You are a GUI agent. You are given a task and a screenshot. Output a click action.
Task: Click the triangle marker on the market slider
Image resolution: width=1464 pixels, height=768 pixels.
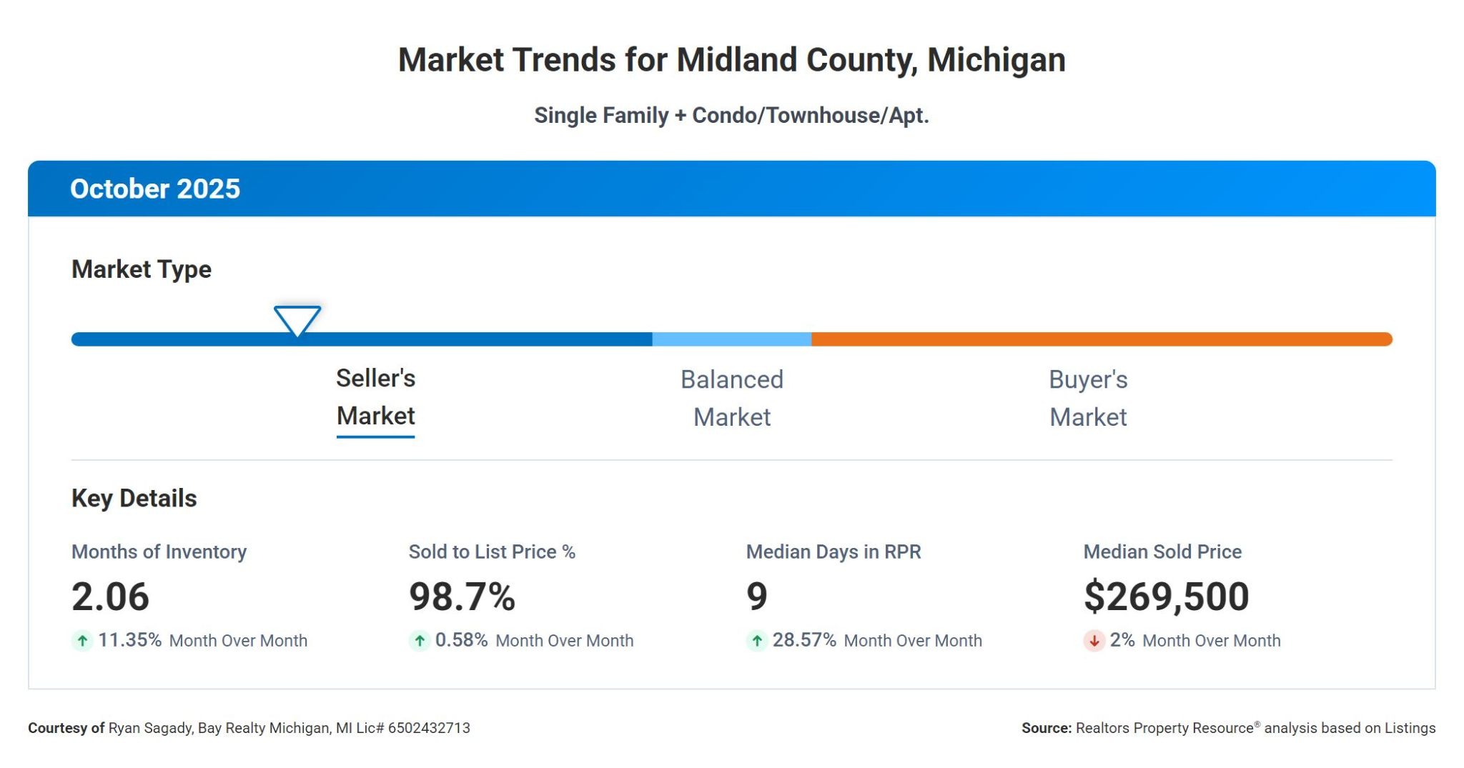click(297, 319)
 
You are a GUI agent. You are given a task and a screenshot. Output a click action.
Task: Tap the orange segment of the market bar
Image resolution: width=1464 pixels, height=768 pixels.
click(1101, 339)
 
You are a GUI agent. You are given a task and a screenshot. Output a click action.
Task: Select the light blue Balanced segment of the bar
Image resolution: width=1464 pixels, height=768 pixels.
click(731, 339)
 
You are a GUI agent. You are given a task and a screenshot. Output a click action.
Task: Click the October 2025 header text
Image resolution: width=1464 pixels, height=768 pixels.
click(155, 189)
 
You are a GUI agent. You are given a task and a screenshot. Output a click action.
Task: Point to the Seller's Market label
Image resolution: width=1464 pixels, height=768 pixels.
click(375, 397)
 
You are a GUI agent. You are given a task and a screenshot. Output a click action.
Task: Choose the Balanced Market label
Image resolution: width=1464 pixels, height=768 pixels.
click(731, 398)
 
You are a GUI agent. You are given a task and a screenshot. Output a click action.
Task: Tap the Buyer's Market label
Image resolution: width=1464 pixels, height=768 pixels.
click(1088, 398)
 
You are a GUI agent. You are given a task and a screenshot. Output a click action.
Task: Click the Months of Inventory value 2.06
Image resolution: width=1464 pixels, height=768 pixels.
click(110, 597)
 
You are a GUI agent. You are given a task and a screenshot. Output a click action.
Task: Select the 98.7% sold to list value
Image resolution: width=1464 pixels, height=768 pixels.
click(462, 597)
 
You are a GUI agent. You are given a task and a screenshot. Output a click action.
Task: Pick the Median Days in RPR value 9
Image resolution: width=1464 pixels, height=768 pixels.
click(756, 597)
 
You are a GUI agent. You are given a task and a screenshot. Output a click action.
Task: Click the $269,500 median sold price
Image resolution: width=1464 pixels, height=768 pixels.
click(1166, 597)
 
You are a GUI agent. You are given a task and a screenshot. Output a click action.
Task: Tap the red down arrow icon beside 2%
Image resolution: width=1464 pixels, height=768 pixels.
click(1094, 641)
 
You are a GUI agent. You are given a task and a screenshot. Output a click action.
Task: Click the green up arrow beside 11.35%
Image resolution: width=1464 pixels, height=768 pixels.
click(82, 641)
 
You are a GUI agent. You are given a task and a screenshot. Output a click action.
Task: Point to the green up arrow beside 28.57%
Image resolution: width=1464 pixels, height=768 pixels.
click(757, 641)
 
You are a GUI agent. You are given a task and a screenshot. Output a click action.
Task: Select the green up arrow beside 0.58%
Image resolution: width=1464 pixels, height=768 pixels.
click(420, 641)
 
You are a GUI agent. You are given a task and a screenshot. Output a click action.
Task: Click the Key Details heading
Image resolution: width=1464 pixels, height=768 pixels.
click(134, 498)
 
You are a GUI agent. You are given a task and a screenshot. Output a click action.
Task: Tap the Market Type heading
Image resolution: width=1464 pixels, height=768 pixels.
click(142, 269)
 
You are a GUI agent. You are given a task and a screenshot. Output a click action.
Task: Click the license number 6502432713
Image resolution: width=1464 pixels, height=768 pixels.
click(429, 728)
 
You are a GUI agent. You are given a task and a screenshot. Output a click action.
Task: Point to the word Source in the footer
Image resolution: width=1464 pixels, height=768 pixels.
click(1046, 728)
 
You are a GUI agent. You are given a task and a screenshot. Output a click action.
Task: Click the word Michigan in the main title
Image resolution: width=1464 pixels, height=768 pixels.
click(996, 60)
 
